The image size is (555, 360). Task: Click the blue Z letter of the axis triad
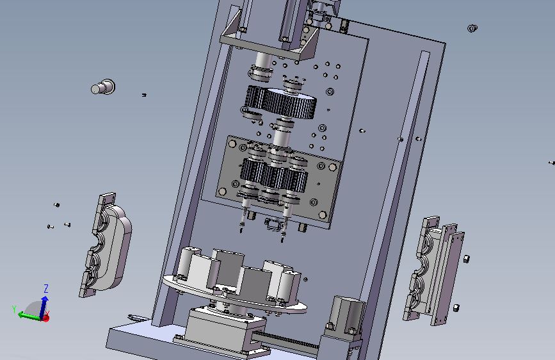coord(45,288)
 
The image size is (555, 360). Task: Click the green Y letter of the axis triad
coord(14,309)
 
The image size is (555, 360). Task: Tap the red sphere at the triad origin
coord(45,318)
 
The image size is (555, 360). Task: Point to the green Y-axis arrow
coord(29,316)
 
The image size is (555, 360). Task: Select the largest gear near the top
coord(291,102)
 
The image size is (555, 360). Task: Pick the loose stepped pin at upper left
coord(103,87)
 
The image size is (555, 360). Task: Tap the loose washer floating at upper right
coord(472,28)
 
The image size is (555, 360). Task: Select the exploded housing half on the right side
coord(433,270)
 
